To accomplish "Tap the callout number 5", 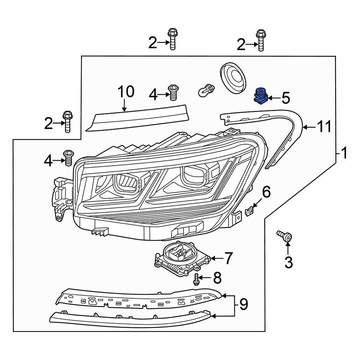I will pos(285,98).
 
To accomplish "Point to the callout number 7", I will pos(229,258).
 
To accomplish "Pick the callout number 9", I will pos(243,305).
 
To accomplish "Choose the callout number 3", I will pos(288,263).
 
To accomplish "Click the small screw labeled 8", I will pos(196,279).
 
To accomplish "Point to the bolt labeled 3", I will pos(285,236).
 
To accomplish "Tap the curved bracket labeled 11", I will pos(288,130).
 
